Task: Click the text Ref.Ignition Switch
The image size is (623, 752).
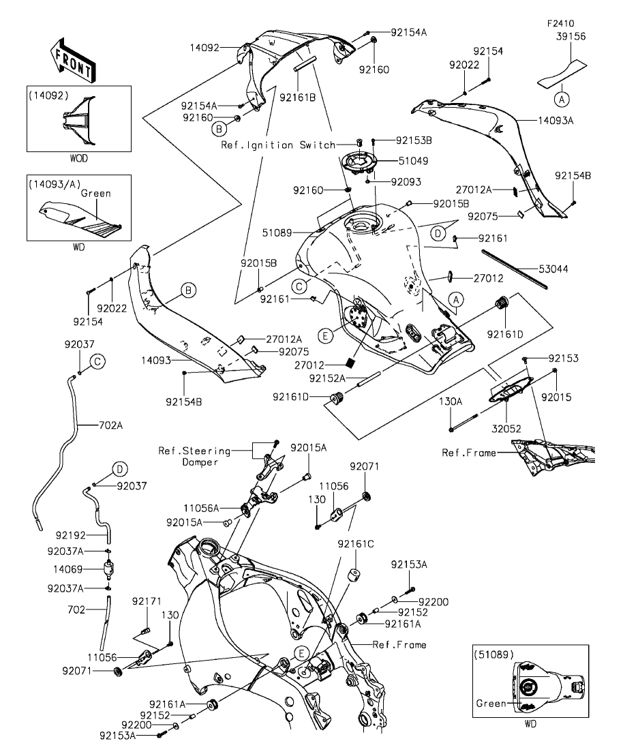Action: click(x=278, y=145)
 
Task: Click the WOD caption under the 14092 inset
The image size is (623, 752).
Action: click(x=79, y=157)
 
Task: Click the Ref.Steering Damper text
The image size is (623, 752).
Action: click(x=188, y=456)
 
